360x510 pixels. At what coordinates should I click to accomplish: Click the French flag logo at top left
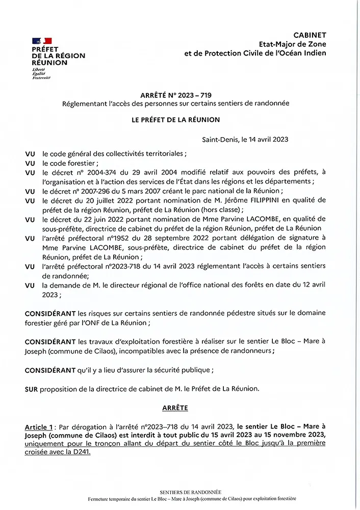point(42,40)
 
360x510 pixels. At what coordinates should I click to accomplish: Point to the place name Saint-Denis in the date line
point(220,139)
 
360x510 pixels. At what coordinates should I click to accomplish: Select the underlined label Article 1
point(39,426)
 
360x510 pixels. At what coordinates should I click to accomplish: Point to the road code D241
point(80,452)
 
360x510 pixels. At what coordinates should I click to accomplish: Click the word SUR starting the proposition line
point(31,389)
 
